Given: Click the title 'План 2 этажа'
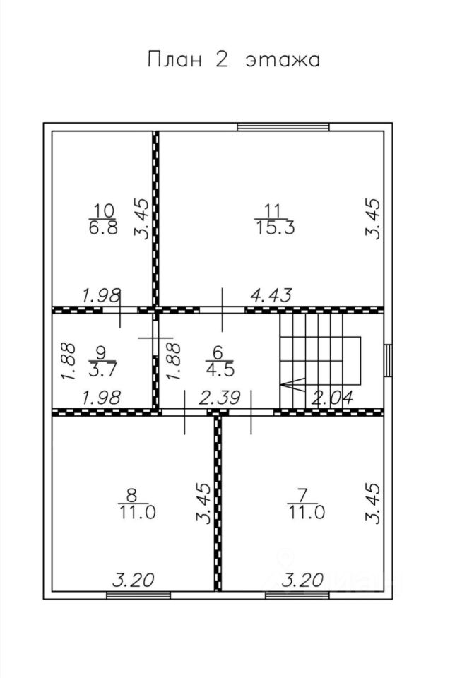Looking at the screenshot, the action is click(233, 59).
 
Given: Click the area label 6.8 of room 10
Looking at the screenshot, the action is click(104, 229).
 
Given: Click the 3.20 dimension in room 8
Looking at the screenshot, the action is click(134, 581).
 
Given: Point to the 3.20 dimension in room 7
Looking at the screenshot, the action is click(303, 581).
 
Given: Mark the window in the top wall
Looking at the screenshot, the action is click(283, 127).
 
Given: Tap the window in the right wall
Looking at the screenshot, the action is click(388, 360).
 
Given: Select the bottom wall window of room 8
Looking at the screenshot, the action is click(134, 595).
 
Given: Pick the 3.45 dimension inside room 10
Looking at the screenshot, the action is click(142, 219).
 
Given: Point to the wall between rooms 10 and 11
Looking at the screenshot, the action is click(155, 219).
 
